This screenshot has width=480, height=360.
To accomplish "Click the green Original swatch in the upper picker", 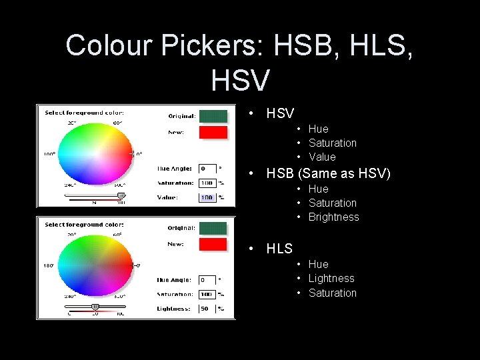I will (x=213, y=116).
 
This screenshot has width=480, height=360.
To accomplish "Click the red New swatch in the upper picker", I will (x=213, y=132).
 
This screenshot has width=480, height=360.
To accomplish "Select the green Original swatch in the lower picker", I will (x=213, y=228).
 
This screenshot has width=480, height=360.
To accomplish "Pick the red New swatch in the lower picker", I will (x=213, y=244).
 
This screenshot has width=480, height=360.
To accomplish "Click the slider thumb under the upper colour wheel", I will (x=121, y=195).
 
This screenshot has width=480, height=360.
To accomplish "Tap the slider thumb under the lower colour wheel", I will (x=95, y=307).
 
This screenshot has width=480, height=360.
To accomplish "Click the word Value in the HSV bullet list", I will (x=322, y=157).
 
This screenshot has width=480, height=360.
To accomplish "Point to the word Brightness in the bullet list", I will (x=333, y=217).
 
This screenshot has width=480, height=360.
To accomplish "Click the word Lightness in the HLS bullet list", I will (x=331, y=278).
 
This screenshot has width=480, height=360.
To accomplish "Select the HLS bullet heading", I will (x=279, y=249).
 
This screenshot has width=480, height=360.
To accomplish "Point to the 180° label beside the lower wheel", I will (x=49, y=265).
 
